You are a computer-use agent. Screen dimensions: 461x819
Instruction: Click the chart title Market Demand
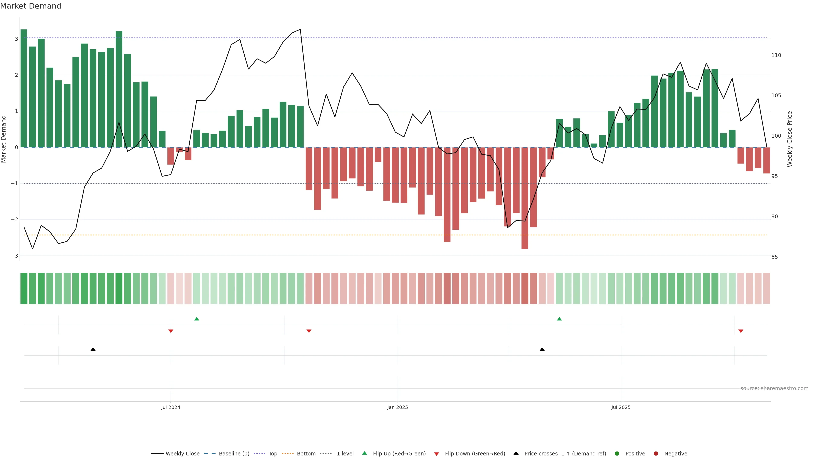pos(30,6)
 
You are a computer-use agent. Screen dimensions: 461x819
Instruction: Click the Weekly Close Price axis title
pos(790,139)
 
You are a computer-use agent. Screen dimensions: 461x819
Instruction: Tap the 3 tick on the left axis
pos(16,39)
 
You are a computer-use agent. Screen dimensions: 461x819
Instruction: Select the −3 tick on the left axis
pos(15,256)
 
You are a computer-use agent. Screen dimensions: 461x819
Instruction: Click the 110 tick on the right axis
pos(776,55)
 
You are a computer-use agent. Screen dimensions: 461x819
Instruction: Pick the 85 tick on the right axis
pos(774,257)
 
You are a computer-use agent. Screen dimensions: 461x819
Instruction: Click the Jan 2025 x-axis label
pos(397,407)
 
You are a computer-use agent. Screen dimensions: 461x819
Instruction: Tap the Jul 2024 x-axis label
pos(170,407)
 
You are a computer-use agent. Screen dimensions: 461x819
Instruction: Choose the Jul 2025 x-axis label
pos(621,407)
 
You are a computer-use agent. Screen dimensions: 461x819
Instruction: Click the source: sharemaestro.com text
pos(774,388)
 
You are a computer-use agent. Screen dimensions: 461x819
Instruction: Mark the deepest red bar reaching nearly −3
pos(525,198)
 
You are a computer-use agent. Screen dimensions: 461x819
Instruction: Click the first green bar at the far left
pos(24,88)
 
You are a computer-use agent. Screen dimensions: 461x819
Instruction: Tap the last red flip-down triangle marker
pos(741,331)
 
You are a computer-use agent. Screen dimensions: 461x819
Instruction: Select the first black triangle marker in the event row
pos(93,349)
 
